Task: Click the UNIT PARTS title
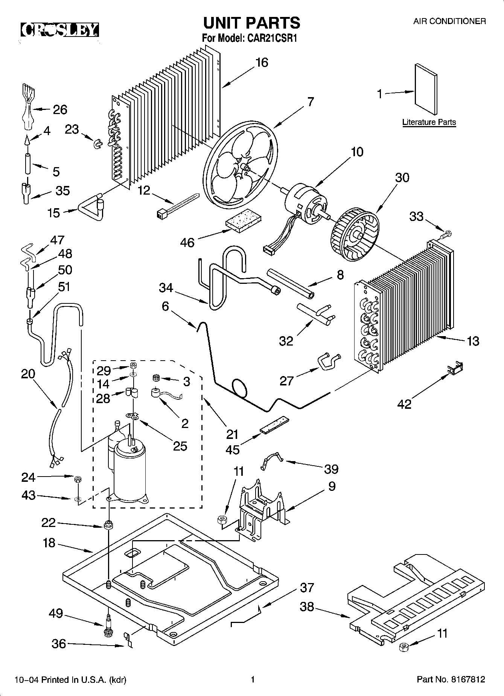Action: click(252, 23)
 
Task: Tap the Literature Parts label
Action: click(429, 122)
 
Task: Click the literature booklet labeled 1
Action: click(426, 89)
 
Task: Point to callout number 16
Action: click(262, 62)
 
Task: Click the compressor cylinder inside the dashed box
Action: click(129, 472)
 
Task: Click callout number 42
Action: click(405, 404)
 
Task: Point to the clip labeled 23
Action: click(97, 143)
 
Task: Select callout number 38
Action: click(307, 607)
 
